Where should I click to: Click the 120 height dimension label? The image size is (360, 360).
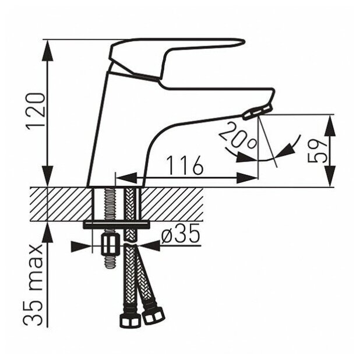tap(36, 112)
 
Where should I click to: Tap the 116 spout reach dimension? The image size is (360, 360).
tap(185, 166)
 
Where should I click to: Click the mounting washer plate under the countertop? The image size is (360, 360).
tap(117, 224)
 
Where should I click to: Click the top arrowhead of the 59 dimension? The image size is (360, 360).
tap(330, 124)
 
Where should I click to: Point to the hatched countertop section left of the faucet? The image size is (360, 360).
tap(58, 204)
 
